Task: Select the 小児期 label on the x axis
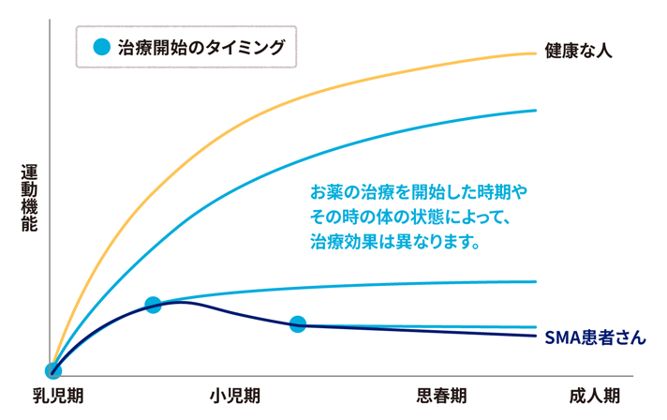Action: coord(234,396)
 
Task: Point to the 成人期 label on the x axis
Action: coord(594,396)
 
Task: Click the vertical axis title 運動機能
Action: coord(30,198)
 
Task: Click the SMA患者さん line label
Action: coord(595,337)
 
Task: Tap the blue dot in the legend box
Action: coord(101,47)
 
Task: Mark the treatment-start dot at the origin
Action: coord(53,370)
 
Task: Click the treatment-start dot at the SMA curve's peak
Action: coord(154,305)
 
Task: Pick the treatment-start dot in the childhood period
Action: coord(298,324)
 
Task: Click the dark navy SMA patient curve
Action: coord(422,329)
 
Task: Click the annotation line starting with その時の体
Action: coord(408,217)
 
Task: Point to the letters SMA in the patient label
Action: coord(561,337)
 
